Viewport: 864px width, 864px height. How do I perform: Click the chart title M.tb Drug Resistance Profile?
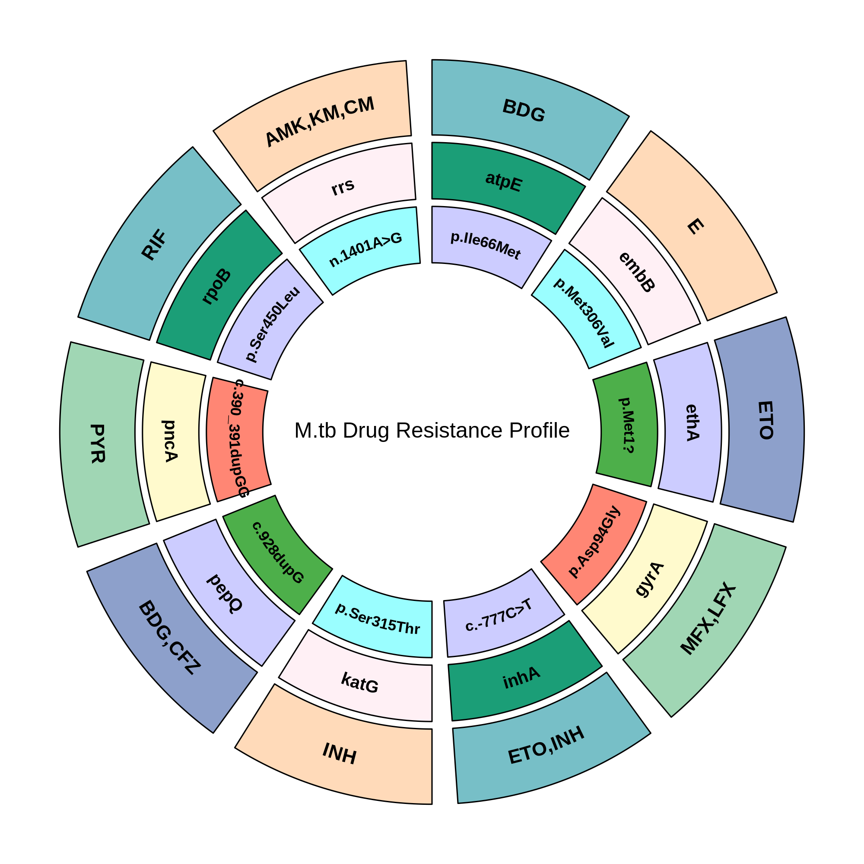pyautogui.click(x=432, y=431)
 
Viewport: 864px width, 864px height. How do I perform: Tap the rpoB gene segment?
pyautogui.click(x=217, y=286)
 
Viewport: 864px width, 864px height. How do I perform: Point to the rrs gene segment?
pyautogui.click(x=343, y=187)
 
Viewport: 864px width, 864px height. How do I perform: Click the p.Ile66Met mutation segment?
pyautogui.click(x=486, y=245)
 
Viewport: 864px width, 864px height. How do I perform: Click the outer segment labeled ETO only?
pyautogui.click(x=765, y=420)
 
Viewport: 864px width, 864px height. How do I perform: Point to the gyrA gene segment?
pyautogui.click(x=649, y=580)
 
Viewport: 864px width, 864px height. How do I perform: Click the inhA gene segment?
pyautogui.click(x=521, y=677)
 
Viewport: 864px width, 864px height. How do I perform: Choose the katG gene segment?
pyautogui.click(x=359, y=683)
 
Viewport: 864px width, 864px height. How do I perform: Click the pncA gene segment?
pyautogui.click(x=170, y=441)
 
